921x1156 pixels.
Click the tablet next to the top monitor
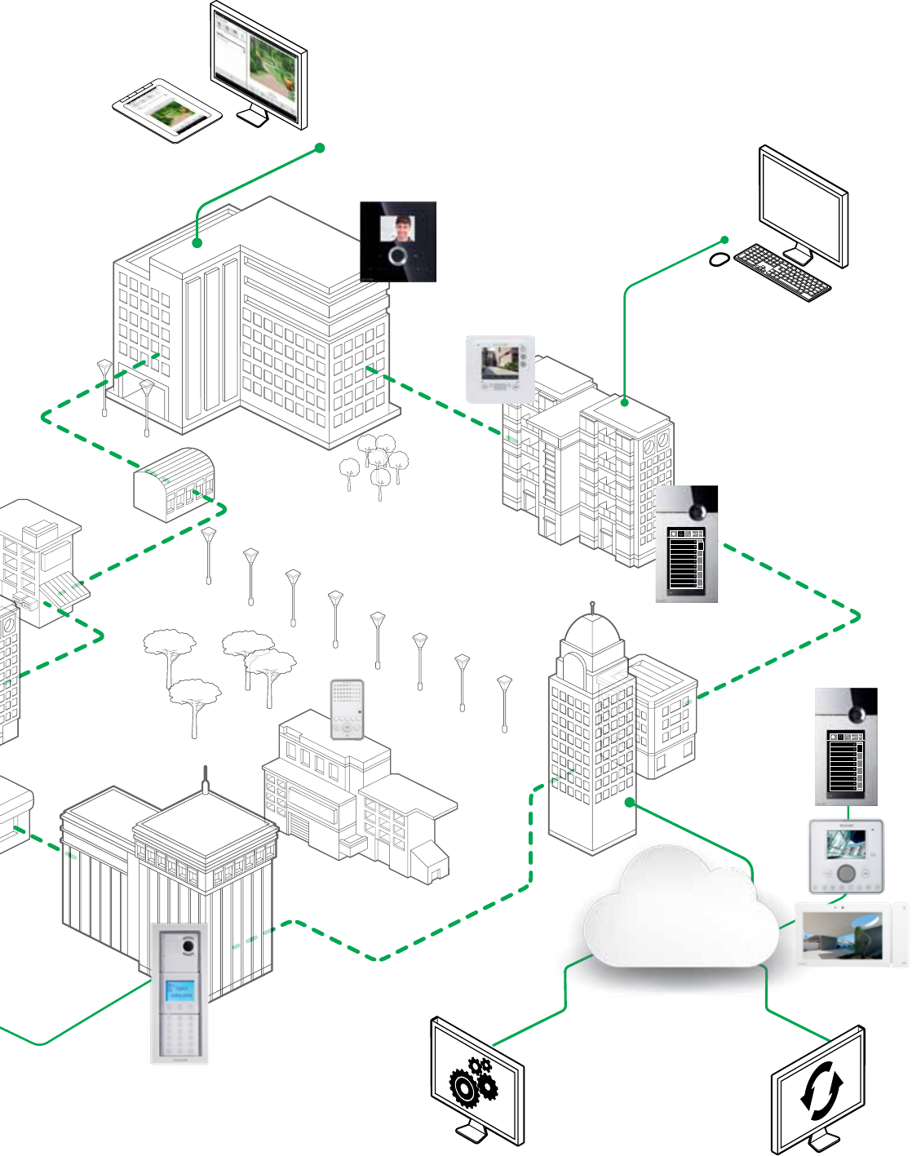click(x=167, y=111)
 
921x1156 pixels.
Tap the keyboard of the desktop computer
click(x=782, y=272)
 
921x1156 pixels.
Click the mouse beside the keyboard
click(x=719, y=259)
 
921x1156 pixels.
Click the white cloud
click(x=681, y=910)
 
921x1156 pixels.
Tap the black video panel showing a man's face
click(x=398, y=241)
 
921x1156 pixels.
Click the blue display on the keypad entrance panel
click(x=180, y=990)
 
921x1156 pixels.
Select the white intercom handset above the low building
click(x=347, y=709)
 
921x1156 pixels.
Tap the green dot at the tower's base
click(x=630, y=802)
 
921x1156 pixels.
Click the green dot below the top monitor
click(x=320, y=148)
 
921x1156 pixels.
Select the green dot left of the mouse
click(x=724, y=240)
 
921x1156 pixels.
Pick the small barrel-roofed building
click(x=175, y=485)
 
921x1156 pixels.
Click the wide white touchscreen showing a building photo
click(x=851, y=935)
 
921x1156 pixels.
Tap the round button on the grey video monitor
click(x=847, y=873)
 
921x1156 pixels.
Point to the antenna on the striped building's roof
click(x=206, y=779)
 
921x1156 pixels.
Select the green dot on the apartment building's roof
click(x=624, y=401)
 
